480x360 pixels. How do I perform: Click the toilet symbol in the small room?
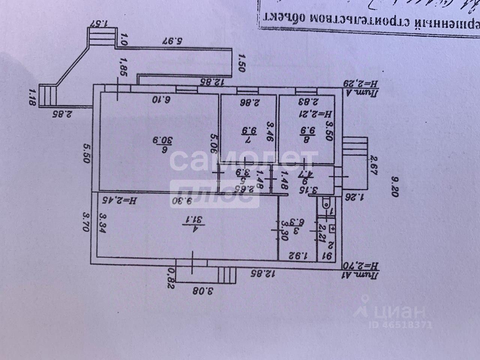coord(326,204)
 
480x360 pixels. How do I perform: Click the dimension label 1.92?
coord(298,256)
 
